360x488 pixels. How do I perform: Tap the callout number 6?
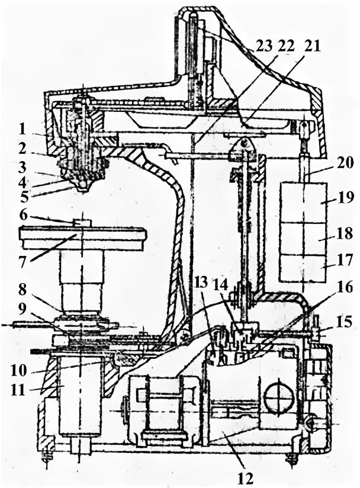22,216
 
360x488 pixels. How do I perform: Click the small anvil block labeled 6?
82,223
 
